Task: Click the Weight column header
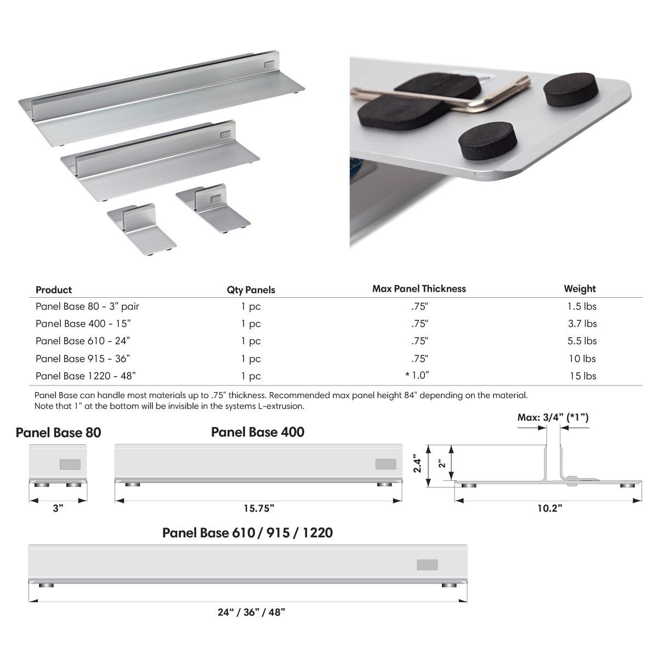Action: point(580,288)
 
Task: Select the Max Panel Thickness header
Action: point(419,288)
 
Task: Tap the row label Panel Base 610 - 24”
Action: point(83,341)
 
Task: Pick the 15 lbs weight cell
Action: point(582,376)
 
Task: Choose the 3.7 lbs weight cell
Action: point(582,324)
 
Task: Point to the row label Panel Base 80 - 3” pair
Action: point(91,306)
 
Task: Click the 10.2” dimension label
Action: point(549,508)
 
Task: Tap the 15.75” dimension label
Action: point(258,508)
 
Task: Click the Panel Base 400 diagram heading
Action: point(258,432)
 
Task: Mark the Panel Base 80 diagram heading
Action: point(58,433)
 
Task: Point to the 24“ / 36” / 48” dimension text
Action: point(251,612)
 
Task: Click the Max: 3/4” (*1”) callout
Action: point(553,417)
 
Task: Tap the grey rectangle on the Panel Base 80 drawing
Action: point(70,464)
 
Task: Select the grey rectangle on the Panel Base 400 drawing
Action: point(385,464)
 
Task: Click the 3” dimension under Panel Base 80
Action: point(58,508)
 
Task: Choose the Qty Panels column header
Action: point(251,290)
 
